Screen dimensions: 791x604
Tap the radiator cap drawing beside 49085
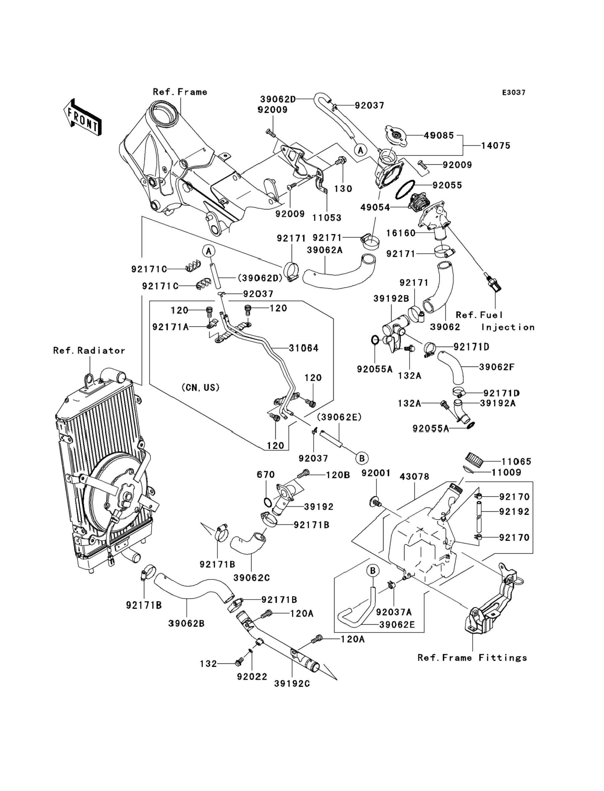(396, 136)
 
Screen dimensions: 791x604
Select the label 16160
(401, 233)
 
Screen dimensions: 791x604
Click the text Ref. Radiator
(89, 351)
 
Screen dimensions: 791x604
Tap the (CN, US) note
(200, 387)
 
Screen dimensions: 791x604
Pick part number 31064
(303, 348)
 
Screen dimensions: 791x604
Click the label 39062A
(325, 250)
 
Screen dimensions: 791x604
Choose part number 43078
(414, 477)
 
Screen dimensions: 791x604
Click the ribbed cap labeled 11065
(473, 458)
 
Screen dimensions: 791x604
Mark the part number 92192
(514, 512)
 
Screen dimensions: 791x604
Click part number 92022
(252, 677)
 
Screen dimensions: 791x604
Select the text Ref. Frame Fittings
(472, 658)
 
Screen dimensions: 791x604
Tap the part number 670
(266, 475)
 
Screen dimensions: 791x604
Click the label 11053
(326, 218)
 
